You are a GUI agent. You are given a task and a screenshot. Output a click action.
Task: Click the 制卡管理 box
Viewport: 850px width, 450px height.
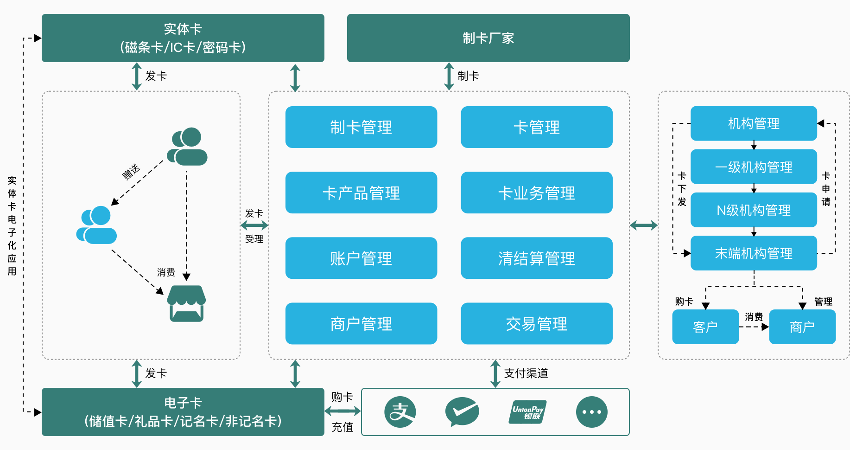[361, 127]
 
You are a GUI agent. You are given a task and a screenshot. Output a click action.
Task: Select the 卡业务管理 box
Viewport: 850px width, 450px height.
[536, 193]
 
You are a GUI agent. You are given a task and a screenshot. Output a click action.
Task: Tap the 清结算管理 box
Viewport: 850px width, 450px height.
[536, 258]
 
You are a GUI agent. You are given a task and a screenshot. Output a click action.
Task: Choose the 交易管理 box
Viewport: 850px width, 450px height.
[536, 323]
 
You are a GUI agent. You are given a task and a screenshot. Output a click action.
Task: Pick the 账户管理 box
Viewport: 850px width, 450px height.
[361, 258]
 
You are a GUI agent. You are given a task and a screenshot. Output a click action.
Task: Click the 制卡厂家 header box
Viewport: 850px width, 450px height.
[488, 38]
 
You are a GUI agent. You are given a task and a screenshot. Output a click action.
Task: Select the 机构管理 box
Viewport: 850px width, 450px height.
[754, 123]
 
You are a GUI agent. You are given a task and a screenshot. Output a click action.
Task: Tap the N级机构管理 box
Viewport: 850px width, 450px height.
[754, 210]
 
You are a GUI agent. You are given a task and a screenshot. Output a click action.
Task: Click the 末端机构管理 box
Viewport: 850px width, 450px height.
[754, 253]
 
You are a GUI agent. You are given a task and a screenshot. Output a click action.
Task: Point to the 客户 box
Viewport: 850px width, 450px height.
[705, 327]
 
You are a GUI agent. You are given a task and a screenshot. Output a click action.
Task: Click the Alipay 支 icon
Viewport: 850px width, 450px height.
[400, 412]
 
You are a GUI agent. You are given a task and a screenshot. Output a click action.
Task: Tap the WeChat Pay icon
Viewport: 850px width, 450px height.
[462, 411]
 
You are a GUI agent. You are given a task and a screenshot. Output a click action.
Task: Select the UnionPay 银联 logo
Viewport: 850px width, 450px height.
[527, 412]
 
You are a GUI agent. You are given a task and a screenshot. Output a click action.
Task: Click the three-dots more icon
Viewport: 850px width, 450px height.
[591, 412]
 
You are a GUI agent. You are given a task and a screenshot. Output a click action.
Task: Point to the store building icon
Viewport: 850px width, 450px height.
[186, 303]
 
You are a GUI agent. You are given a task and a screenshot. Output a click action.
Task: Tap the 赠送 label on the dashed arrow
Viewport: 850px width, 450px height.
[131, 171]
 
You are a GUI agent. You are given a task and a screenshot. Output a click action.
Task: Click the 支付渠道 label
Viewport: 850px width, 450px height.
[526, 373]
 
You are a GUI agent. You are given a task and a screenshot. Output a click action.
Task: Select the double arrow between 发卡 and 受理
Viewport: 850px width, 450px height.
[254, 225]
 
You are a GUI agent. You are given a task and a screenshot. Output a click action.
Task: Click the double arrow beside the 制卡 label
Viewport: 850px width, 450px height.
[449, 76]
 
